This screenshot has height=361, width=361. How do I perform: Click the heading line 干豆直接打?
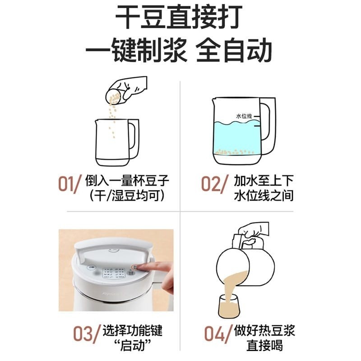click(179, 17)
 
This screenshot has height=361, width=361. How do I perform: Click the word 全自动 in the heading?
click(234, 51)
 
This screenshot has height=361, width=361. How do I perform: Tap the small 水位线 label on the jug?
click(244, 116)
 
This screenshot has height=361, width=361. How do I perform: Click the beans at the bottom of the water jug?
click(234, 152)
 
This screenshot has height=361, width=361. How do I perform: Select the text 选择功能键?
click(132, 330)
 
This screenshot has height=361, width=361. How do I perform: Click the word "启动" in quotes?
click(132, 345)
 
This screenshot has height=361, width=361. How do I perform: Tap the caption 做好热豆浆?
click(264, 330)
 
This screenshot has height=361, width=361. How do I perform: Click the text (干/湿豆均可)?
click(127, 195)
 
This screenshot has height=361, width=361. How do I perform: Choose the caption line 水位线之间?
click(264, 195)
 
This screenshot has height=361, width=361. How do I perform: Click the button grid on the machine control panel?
click(114, 273)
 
